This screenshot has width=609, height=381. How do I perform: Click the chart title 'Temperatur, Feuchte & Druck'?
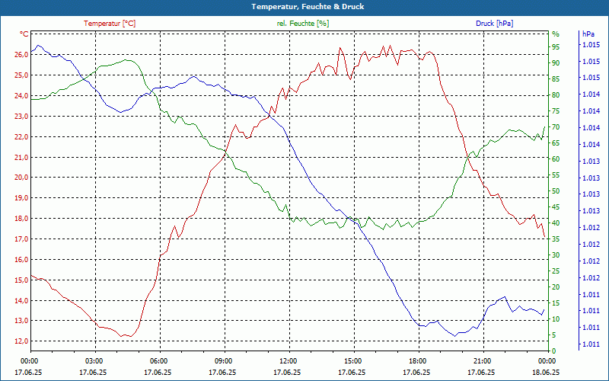[x=304, y=6]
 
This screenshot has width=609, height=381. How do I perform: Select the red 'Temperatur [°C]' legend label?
[x=110, y=24]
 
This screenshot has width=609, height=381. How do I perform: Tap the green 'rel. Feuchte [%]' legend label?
[x=303, y=24]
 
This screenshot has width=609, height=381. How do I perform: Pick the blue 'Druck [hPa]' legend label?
[x=494, y=24]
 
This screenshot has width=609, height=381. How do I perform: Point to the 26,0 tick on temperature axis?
[x=21, y=55]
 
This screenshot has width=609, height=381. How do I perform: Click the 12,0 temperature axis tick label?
[x=21, y=341]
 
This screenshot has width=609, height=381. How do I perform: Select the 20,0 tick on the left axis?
[x=21, y=178]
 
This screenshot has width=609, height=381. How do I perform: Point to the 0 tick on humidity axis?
[x=553, y=351]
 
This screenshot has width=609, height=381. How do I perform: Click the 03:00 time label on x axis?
[x=94, y=361]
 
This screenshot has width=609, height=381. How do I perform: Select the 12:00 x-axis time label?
[x=288, y=361]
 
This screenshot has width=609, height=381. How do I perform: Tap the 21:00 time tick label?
[x=482, y=361]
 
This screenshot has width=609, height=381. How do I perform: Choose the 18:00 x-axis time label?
[x=417, y=361]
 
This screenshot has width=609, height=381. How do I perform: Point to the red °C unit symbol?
[x=24, y=34]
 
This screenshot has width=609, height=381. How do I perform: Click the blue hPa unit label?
[x=588, y=34]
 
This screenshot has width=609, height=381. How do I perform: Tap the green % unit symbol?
[x=555, y=34]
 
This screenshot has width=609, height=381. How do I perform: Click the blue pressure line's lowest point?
[x=455, y=335]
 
